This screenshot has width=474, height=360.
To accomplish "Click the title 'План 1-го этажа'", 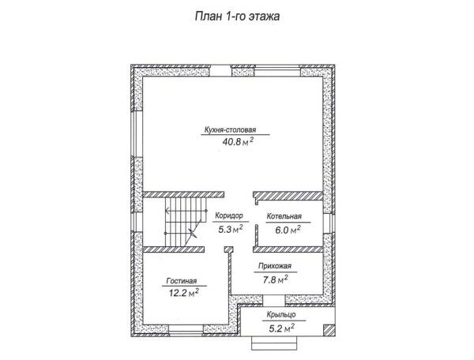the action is coord(237,17).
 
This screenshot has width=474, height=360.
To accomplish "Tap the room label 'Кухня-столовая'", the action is coord(231,129).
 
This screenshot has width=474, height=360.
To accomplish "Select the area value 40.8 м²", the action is coord(238,141).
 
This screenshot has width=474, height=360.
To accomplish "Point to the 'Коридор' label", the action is coord(229,216).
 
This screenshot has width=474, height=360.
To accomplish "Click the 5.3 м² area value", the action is coord(231,229).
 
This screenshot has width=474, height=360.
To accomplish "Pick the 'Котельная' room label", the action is coord(284,216).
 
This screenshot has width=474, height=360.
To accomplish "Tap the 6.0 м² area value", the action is coord(288,230).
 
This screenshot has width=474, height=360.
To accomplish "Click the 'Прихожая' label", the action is coord(275,266).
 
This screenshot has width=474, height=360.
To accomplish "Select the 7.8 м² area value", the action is coord(275,279).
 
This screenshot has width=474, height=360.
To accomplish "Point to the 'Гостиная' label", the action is coord(182,281).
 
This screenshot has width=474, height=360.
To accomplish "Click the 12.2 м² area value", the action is coord(184,292).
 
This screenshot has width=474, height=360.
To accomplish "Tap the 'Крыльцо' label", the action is coord(281,315).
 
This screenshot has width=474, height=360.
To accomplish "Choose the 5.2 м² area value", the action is coord(282,328).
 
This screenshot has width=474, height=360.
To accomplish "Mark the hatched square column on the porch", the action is coord(329,331).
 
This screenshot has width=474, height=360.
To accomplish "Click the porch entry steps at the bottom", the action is coord(274,343).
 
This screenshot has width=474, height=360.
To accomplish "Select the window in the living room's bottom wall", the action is coord(186,331).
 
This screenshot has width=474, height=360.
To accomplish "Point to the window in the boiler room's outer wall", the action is coord(329,223).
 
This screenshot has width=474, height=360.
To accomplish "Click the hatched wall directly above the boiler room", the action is coord(288,195).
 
